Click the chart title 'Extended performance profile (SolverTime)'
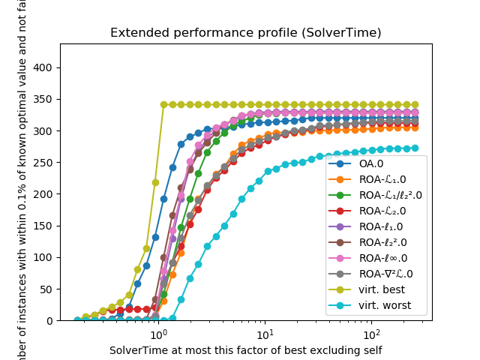[245, 33]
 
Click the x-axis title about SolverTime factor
[245, 350]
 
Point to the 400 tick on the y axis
[43, 67]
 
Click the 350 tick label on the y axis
[43, 99]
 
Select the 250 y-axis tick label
[43, 162]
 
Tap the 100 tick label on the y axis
[43, 257]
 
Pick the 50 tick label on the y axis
[46, 289]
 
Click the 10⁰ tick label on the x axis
[157, 332]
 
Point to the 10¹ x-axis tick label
[264, 332]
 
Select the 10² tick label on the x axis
[370, 332]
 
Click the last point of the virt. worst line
[415, 148]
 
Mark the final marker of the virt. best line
[415, 105]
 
